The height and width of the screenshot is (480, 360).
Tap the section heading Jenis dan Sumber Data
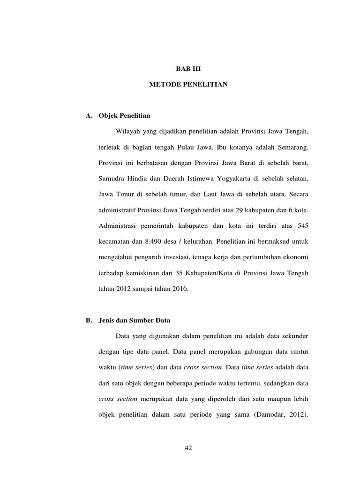point(135,321)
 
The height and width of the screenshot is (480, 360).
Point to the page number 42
point(188,448)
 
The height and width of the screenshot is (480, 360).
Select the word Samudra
point(112,179)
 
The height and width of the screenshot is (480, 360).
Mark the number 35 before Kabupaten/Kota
point(180,273)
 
